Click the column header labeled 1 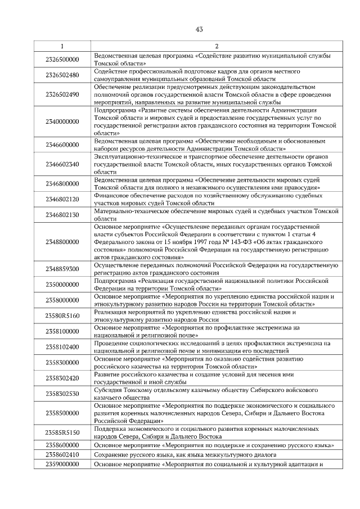pyautogui.click(x=62, y=46)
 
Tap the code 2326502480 pyautogui.click(x=62, y=75)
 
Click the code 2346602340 pyautogui.click(x=62, y=164)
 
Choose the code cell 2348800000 pyautogui.click(x=62, y=242)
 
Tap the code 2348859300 pyautogui.click(x=62, y=269)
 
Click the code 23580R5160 pyautogui.click(x=62, y=316)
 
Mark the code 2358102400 pyautogui.click(x=62, y=347)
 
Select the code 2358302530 pyautogui.click(x=62, y=394)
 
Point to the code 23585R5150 pyautogui.click(x=62, y=433)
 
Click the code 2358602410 pyautogui.click(x=62, y=454)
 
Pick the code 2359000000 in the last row pyautogui.click(x=62, y=464)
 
